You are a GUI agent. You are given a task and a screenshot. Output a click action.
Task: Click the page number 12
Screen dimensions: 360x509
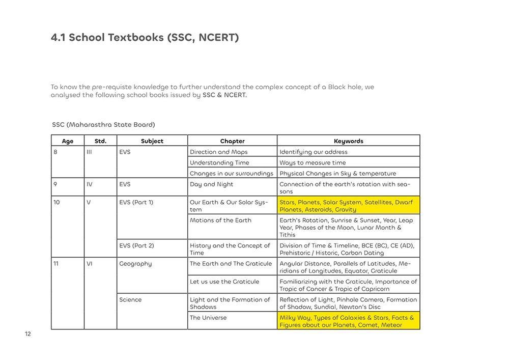pyautogui.click(x=28, y=334)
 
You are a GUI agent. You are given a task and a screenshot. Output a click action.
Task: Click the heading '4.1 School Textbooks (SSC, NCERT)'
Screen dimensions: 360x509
pyautogui.click(x=145, y=38)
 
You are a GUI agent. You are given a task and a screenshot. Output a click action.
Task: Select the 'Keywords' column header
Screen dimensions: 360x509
pyautogui.click(x=348, y=141)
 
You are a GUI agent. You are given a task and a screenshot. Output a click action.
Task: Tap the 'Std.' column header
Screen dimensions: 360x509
pyautogui.click(x=100, y=141)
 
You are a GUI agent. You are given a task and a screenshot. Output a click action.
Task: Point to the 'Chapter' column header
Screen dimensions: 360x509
pyautogui.click(x=232, y=141)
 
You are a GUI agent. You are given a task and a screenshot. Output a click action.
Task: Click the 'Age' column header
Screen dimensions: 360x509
pyautogui.click(x=68, y=141)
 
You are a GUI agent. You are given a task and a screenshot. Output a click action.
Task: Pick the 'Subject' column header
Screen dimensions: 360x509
pyautogui.click(x=152, y=141)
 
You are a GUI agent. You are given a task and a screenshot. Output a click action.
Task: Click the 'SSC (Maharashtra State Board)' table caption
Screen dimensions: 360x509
pyautogui.click(x=103, y=124)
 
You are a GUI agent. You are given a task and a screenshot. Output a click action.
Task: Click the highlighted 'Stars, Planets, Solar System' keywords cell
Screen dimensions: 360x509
pyautogui.click(x=348, y=206)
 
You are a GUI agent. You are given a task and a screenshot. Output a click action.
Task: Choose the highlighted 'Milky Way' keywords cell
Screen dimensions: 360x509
pyautogui.click(x=348, y=321)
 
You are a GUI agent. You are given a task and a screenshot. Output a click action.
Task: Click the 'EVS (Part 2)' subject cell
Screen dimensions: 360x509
pyautogui.click(x=136, y=245)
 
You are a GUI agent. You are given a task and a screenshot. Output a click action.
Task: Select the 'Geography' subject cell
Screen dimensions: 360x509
pyautogui.click(x=135, y=264)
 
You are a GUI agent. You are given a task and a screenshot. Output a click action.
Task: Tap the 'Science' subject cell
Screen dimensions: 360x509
pyautogui.click(x=130, y=299)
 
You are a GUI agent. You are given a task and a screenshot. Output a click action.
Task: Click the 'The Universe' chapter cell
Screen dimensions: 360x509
pyautogui.click(x=208, y=318)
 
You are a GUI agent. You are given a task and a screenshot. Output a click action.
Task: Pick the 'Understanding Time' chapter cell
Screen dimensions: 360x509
pyautogui.click(x=219, y=162)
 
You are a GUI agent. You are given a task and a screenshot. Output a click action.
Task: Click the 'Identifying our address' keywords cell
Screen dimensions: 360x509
pyautogui.click(x=314, y=152)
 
